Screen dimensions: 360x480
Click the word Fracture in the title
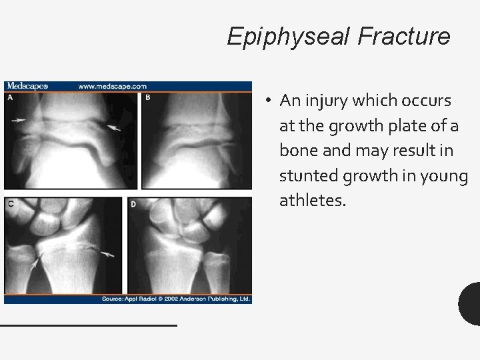click(404, 36)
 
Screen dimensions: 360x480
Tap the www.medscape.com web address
click(113, 86)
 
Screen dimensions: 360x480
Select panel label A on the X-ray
click(10, 97)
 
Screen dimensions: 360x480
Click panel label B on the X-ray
click(148, 97)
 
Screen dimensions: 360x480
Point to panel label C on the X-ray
click(10, 203)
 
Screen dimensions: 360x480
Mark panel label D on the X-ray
click(133, 203)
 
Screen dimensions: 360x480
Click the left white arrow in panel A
click(19, 120)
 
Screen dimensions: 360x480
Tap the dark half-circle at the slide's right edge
click(470, 303)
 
